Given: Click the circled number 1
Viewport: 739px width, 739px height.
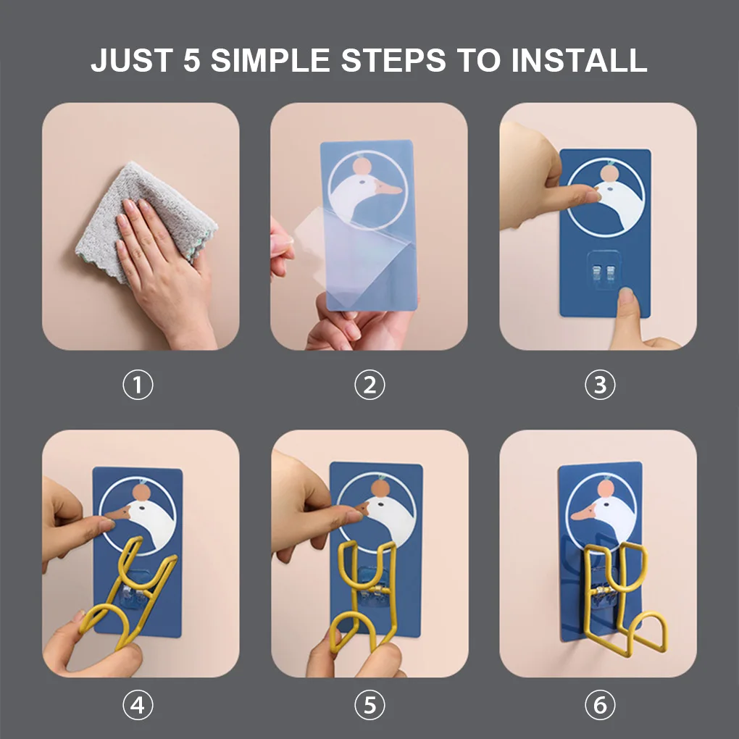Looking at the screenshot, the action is [x=138, y=385].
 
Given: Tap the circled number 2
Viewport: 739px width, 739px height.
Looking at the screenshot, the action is [x=369, y=385].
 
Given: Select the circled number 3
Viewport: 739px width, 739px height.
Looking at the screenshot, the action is [x=600, y=385].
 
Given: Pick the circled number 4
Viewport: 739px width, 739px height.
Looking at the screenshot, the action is [x=138, y=705].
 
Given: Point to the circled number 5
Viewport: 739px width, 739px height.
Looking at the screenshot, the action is [x=369, y=705].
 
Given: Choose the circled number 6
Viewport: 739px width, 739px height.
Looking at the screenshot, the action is [x=600, y=705].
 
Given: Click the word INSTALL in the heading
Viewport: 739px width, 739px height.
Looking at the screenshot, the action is [x=579, y=60].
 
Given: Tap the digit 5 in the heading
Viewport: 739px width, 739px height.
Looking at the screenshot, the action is [x=192, y=60].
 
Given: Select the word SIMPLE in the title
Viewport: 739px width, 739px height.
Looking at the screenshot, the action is [x=270, y=60].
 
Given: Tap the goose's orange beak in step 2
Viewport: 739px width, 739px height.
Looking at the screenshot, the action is [x=388, y=188].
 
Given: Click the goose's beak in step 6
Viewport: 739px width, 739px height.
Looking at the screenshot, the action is [x=583, y=513].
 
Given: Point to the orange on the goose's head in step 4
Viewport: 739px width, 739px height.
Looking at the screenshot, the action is [x=141, y=492].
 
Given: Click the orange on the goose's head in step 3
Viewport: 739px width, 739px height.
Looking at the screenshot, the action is [x=609, y=172].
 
